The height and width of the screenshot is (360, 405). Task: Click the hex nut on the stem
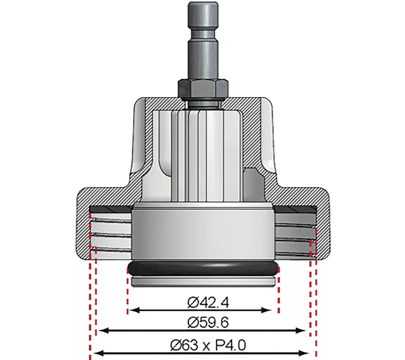pos(202,88)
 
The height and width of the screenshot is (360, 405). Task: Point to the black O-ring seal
pos(202,268)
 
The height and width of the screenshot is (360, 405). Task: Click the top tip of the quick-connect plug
pos(199,4)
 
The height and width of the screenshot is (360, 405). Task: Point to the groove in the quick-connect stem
pos(199,34)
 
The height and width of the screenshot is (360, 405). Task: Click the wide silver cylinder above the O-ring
pos(202,234)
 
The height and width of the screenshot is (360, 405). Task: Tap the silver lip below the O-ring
pos(202,281)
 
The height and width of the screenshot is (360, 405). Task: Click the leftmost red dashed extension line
pos(90,300)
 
